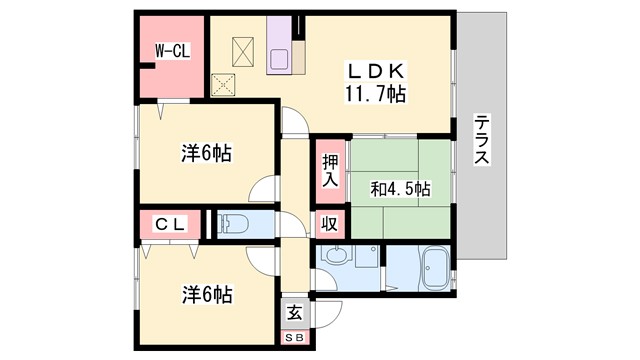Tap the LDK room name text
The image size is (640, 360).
coord(375,71)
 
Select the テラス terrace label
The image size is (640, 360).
coord(483,141)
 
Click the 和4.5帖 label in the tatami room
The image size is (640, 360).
coord(401,187)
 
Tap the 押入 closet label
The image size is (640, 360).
coord(328,171)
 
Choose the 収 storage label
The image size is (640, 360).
coord(328,225)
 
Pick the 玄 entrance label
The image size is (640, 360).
coord(295,312)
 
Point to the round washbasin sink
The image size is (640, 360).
coord(336,256)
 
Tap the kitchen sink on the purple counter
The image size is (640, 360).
coord(280,61)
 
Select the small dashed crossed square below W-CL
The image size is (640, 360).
coord(222,84)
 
